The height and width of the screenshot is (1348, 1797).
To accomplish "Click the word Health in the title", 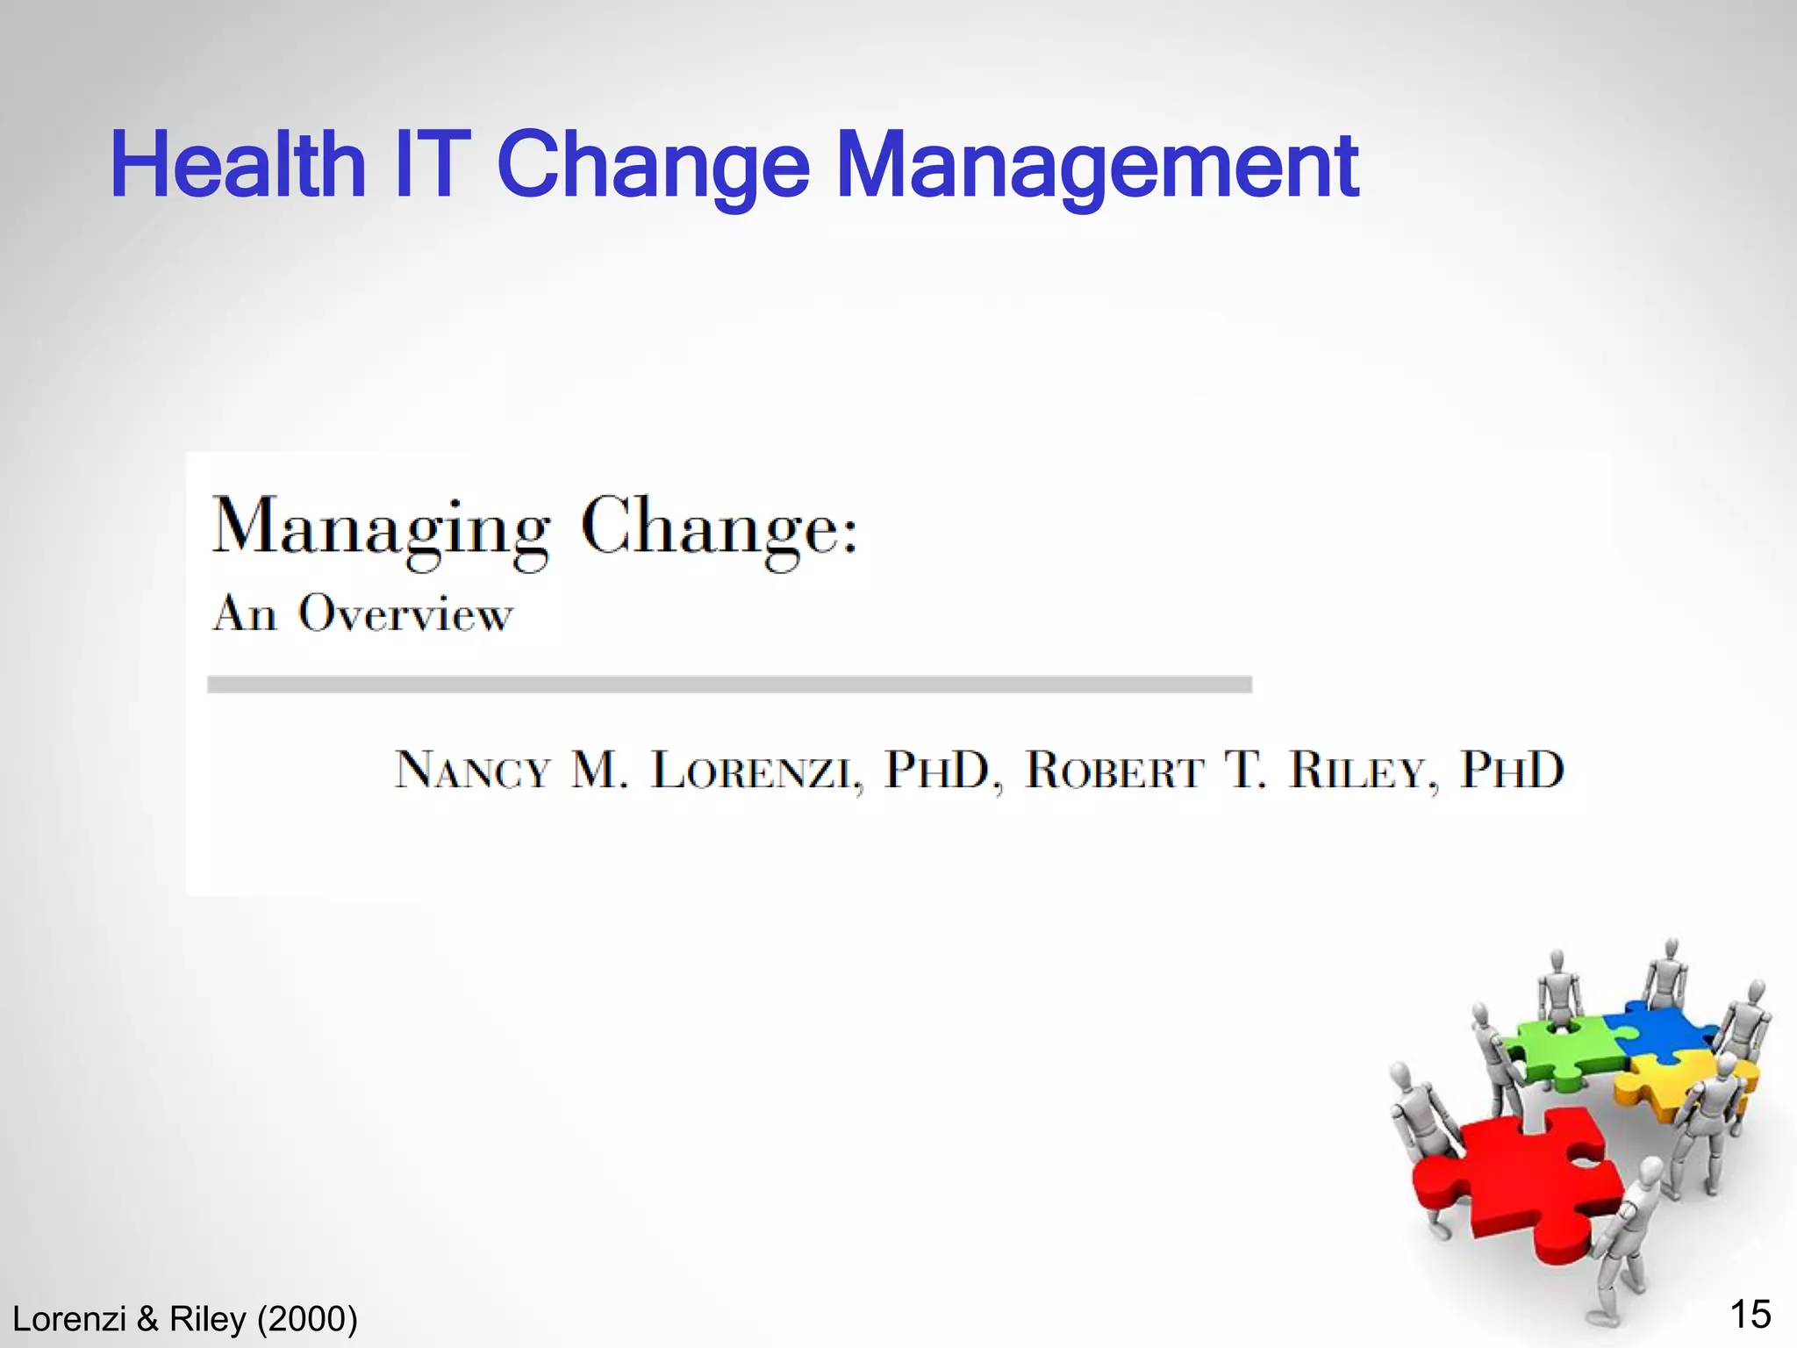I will pyautogui.click(x=238, y=165).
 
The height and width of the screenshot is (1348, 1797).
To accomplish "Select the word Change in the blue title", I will pyautogui.click(x=653, y=167).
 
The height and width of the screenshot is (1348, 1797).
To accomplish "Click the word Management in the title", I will pyautogui.click(x=1097, y=165).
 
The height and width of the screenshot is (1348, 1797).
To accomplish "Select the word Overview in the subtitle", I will pyautogui.click(x=405, y=613).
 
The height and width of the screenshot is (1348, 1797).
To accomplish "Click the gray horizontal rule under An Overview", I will pyautogui.click(x=728, y=685).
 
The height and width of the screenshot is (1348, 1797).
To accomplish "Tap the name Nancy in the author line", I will pyautogui.click(x=472, y=771).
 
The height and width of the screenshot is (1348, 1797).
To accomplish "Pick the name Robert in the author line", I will pyautogui.click(x=1114, y=771).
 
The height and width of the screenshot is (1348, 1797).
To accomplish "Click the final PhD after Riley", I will pyautogui.click(x=1511, y=770).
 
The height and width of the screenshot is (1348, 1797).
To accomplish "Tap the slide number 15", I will pyautogui.click(x=1750, y=1315).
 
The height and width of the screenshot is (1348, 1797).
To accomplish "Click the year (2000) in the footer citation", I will pyautogui.click(x=307, y=1319).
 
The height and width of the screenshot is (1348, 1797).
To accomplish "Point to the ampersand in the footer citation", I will pyautogui.click(x=147, y=1319).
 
